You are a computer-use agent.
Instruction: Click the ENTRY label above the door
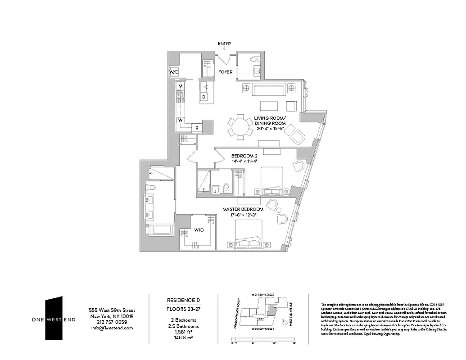[224, 44]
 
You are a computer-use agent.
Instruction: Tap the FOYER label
[226, 72]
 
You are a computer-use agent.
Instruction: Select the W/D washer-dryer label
[174, 72]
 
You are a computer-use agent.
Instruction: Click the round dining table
[240, 126]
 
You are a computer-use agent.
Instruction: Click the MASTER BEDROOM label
[243, 210]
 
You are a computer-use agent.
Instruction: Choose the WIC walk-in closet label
[199, 230]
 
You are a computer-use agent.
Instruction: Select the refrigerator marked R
[196, 128]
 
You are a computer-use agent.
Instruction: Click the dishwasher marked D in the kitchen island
[204, 97]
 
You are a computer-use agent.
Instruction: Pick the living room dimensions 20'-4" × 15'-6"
[271, 129]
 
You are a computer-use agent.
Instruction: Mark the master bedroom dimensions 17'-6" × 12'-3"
[243, 215]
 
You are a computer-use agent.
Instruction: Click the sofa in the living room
[268, 90]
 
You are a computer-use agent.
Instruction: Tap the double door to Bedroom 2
[205, 156]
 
